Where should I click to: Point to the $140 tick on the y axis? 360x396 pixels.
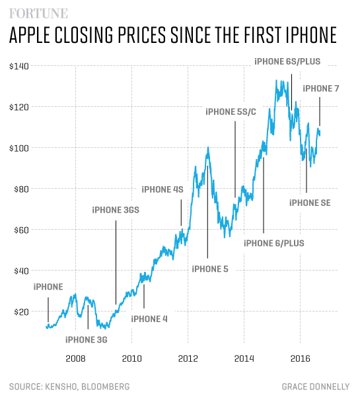click(x=18, y=66)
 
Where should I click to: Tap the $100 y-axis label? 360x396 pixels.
click(x=18, y=148)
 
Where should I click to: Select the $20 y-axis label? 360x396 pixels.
click(x=20, y=312)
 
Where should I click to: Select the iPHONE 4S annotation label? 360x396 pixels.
click(x=162, y=189)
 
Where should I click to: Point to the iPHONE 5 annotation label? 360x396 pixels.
click(x=209, y=269)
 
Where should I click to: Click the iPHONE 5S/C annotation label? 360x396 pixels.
click(x=231, y=112)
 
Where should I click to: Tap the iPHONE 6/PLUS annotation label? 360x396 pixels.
click(x=273, y=243)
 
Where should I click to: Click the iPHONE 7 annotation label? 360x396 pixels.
click(x=320, y=88)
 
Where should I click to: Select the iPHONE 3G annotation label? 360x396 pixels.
click(x=86, y=340)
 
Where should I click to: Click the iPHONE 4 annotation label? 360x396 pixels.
click(x=149, y=319)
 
